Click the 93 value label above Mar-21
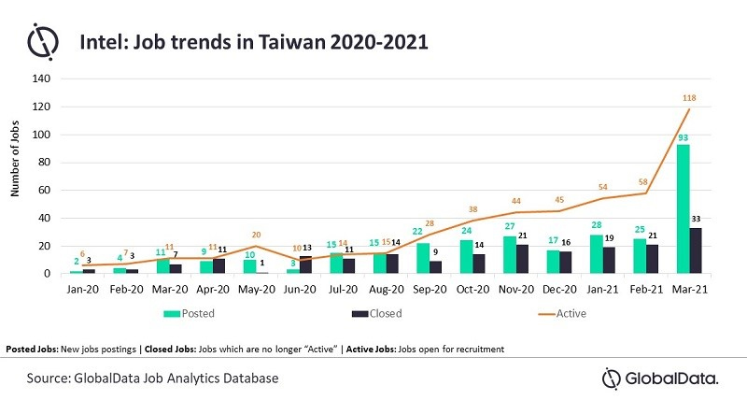point(684,136)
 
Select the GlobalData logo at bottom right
point(658,379)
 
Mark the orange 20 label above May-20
point(255,235)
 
